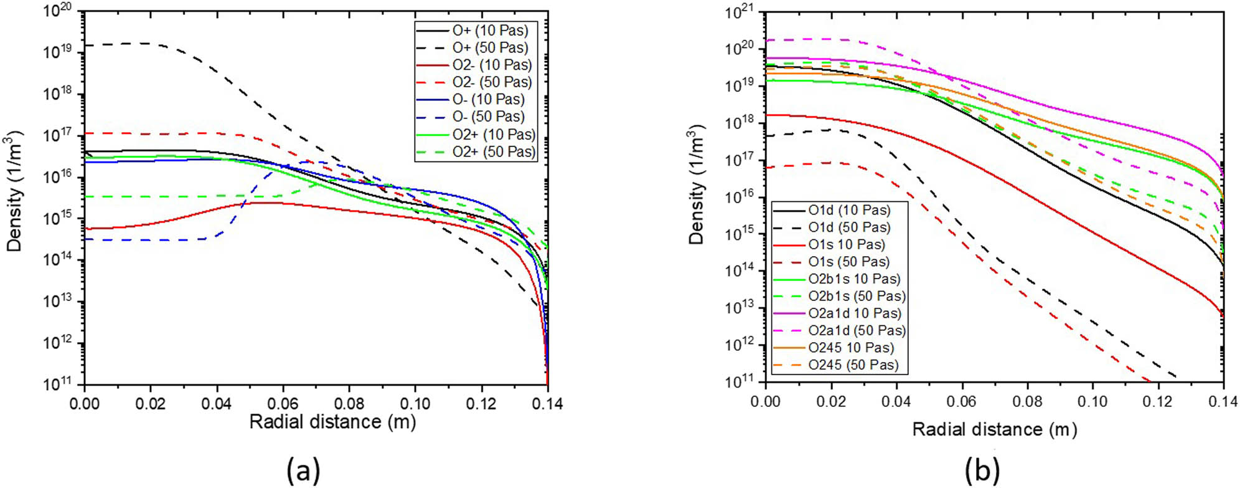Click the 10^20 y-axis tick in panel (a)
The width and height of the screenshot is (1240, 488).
pyautogui.click(x=57, y=11)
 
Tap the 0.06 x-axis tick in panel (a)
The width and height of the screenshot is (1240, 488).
pyautogui.click(x=283, y=404)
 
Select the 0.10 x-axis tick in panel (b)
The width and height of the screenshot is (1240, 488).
pyautogui.click(x=1092, y=402)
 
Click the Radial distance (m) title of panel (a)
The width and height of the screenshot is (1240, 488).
pyautogui.click(x=332, y=422)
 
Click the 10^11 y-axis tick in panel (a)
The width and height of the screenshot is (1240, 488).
pyautogui.click(x=57, y=384)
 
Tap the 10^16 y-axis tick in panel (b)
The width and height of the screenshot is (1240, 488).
pyautogui.click(x=739, y=197)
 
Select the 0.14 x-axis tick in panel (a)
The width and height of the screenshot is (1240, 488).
pyautogui.click(x=547, y=404)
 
